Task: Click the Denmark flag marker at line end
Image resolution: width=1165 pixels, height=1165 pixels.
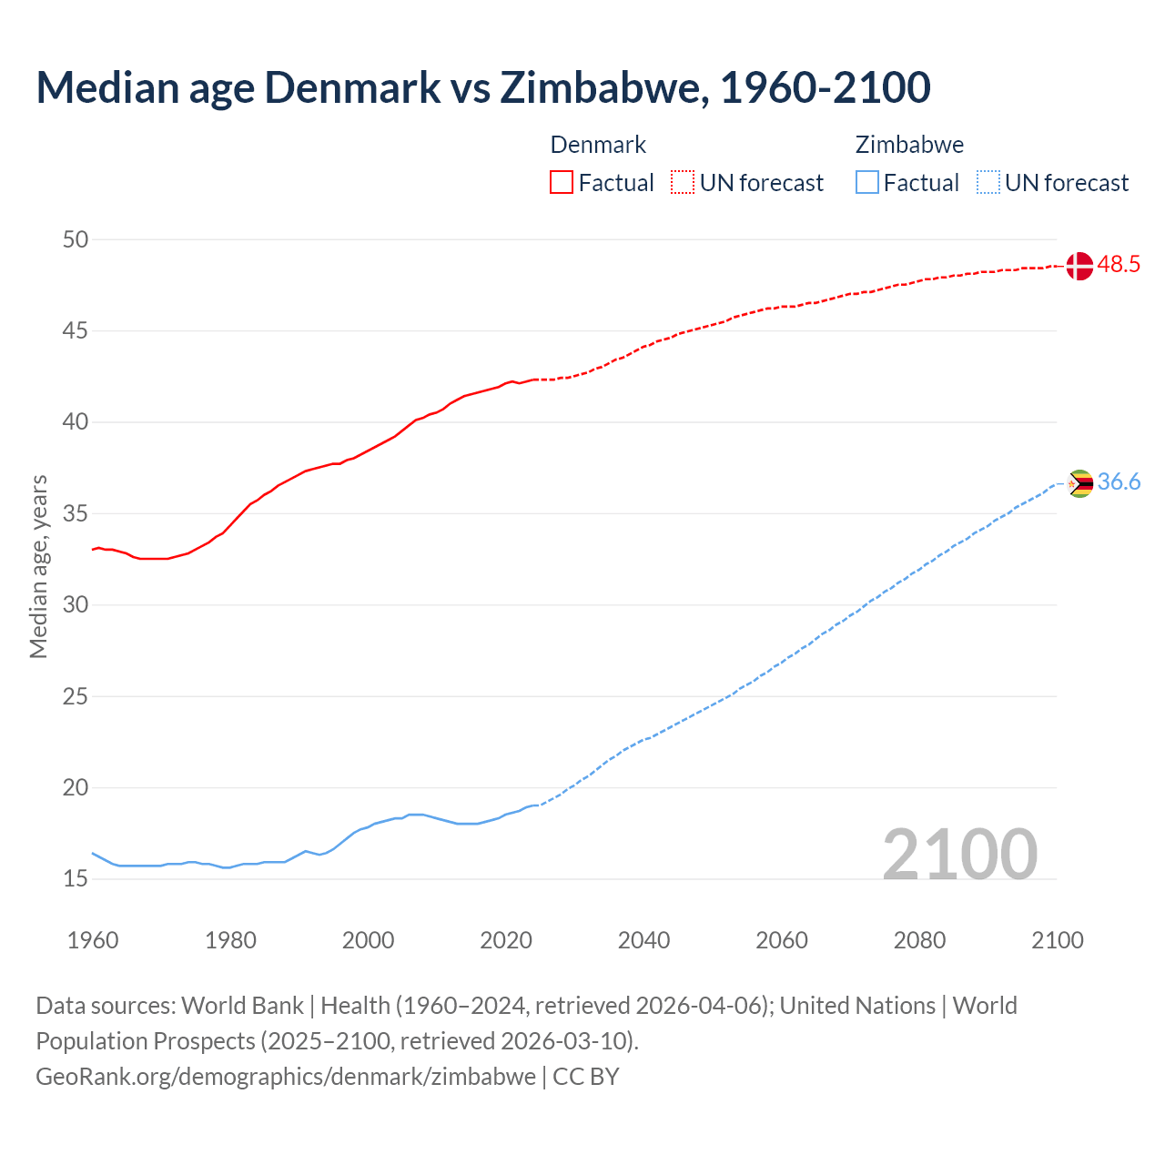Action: (x=1079, y=266)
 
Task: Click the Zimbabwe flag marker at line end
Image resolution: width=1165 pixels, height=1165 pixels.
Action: (x=1079, y=483)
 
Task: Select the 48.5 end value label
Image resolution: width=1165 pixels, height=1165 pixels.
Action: (x=1119, y=265)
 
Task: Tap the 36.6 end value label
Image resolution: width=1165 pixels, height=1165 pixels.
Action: (x=1119, y=482)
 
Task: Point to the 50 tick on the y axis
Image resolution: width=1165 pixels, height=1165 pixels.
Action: (x=76, y=239)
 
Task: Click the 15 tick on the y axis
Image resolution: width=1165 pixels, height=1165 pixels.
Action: (x=76, y=879)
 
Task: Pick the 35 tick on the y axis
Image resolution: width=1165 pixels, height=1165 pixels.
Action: (x=76, y=513)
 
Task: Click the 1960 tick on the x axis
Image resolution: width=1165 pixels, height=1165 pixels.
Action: (x=93, y=940)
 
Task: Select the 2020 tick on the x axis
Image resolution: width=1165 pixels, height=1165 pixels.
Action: (x=506, y=940)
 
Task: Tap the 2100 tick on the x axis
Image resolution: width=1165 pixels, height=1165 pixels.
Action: (x=1058, y=940)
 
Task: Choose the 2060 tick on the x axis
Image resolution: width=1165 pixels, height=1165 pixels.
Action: (x=782, y=940)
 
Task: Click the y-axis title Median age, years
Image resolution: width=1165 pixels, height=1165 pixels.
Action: (x=38, y=566)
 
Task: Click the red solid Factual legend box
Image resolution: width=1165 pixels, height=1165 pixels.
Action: (x=562, y=183)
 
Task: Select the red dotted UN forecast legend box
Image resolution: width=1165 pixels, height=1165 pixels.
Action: (x=683, y=183)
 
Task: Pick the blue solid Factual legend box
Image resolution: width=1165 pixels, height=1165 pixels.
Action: (x=867, y=183)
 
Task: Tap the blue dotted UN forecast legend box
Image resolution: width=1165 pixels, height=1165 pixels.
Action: (x=988, y=183)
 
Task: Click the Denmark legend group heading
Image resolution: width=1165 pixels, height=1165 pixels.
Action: (x=598, y=145)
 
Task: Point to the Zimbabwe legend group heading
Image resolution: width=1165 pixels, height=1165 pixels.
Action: (x=909, y=145)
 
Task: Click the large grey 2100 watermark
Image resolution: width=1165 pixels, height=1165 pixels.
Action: (x=960, y=854)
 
